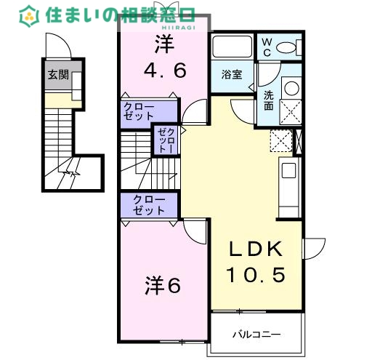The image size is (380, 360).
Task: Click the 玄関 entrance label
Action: pos(58,74)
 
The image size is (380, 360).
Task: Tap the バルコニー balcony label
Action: pos(256,335)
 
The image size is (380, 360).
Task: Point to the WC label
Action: pos(266,47)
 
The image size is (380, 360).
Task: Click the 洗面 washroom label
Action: pos(268,99)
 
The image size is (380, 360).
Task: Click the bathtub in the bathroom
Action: pos(232,47)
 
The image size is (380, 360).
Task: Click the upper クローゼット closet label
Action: pos(138,111)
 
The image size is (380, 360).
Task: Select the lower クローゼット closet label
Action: pos(149,205)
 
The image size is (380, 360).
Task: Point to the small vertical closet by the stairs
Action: pos(161,140)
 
